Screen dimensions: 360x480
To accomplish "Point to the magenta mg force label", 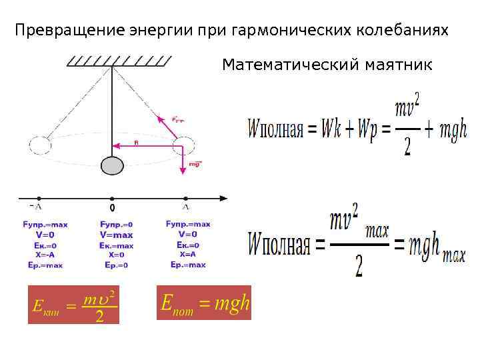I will pyautogui.click(x=195, y=163).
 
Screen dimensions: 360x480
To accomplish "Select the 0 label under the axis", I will pyautogui.click(x=112, y=207).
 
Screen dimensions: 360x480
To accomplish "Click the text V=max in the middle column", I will pyautogui.click(x=116, y=235).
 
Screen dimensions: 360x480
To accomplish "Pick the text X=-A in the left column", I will pyautogui.click(x=45, y=255).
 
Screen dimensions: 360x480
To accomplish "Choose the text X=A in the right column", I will pyautogui.click(x=187, y=254).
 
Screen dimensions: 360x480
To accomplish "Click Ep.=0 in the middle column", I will pyautogui.click(x=116, y=265).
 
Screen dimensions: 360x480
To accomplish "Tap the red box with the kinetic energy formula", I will pyautogui.click(x=73, y=305).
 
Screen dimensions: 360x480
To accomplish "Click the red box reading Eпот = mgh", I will pyautogui.click(x=204, y=303).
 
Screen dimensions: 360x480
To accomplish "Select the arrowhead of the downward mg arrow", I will pyautogui.click(x=182, y=173).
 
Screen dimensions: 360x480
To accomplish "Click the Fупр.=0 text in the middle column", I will pyautogui.click(x=116, y=225).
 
